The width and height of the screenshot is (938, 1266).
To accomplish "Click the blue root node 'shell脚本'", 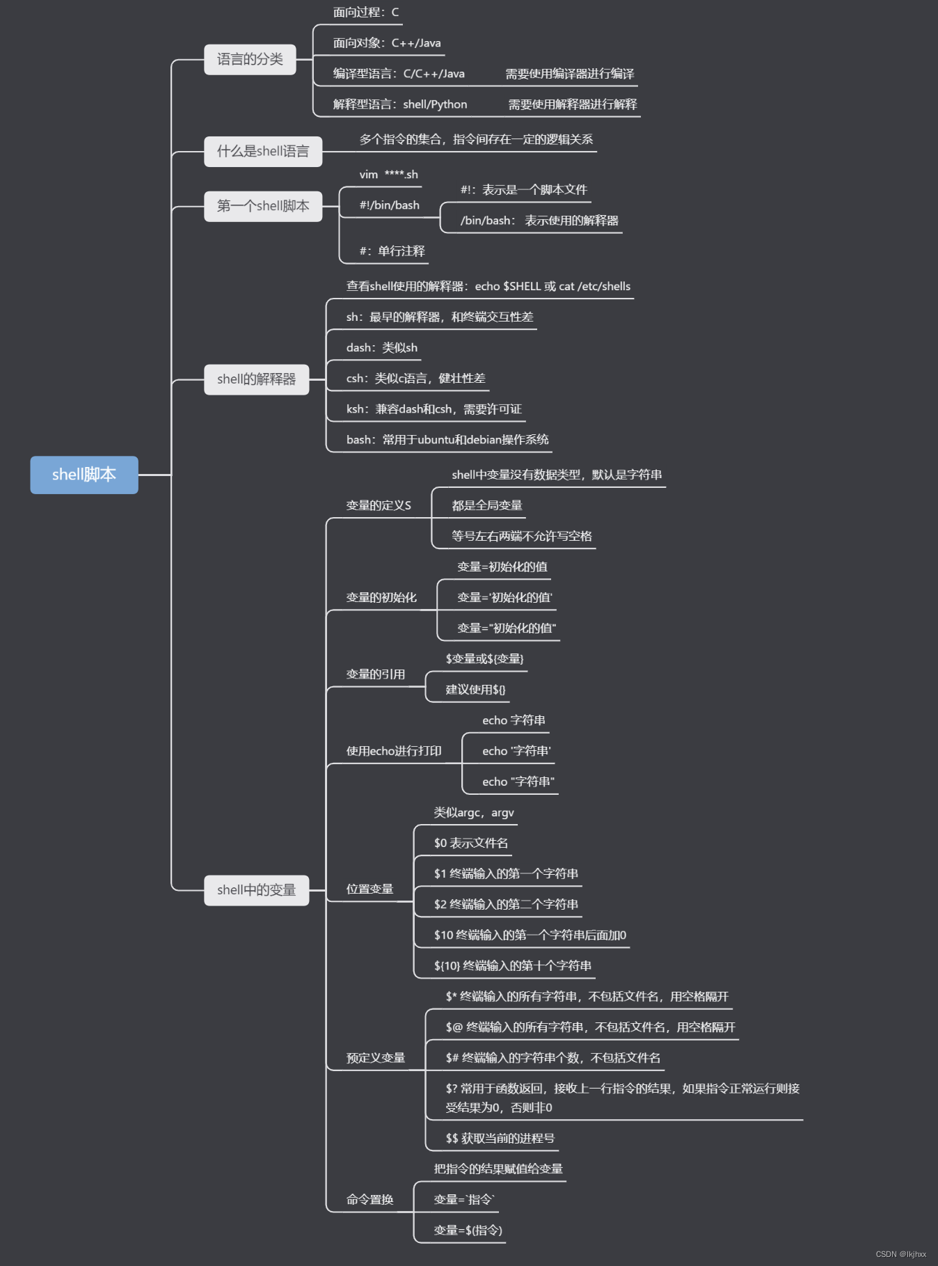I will (x=84, y=475).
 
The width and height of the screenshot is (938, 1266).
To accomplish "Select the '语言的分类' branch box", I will (x=250, y=59).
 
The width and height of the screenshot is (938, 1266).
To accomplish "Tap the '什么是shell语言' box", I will (x=263, y=151).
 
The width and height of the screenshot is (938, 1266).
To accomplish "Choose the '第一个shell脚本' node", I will (x=263, y=206).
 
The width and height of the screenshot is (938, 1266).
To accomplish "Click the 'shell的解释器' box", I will (x=256, y=379).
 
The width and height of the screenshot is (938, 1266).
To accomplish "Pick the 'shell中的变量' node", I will (x=256, y=890).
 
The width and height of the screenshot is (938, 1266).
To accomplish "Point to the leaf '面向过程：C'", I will (x=366, y=13).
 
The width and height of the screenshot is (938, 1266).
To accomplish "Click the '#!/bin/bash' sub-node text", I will (x=389, y=205).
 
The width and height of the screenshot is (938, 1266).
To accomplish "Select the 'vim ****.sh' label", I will (x=388, y=175).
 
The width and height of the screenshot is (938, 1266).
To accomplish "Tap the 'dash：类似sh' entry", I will (x=382, y=348).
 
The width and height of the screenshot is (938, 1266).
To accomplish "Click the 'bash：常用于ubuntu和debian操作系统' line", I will (x=447, y=440).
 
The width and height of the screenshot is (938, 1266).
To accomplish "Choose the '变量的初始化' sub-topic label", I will (x=381, y=598).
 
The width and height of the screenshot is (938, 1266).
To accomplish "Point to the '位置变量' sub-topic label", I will (x=369, y=889).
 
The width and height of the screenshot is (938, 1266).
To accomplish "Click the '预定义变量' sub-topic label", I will (x=376, y=1059).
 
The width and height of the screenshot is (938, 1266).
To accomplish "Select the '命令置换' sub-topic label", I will (x=369, y=1200).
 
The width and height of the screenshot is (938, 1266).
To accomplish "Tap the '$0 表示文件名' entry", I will (x=471, y=844).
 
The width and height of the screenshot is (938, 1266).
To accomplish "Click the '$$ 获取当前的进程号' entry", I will (x=500, y=1139).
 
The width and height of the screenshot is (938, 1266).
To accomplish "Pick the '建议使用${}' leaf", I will (x=475, y=690).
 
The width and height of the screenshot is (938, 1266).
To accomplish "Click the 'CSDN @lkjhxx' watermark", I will (x=900, y=1254).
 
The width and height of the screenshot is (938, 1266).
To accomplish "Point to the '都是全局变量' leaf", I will (x=486, y=506).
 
